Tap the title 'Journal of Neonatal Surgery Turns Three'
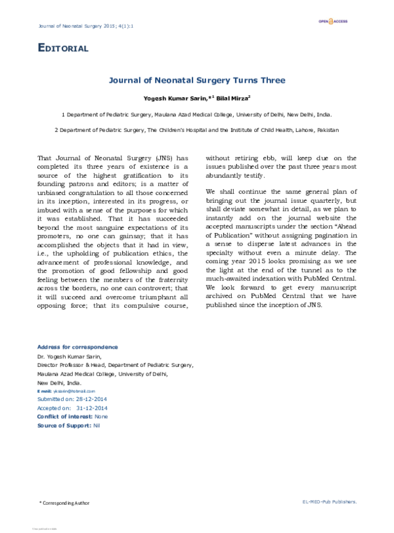[x=196, y=82]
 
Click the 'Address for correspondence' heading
[x=77, y=347]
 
